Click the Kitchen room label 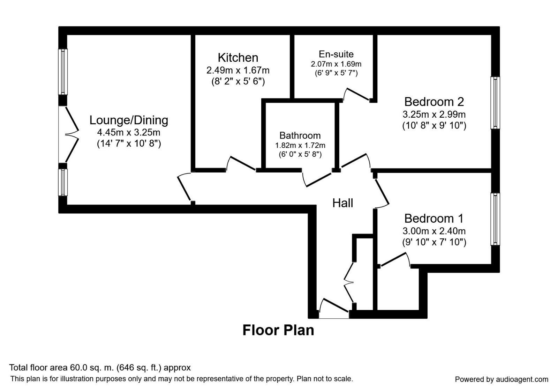238,58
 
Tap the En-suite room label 336,54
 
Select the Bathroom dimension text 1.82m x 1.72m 300,145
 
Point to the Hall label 342,203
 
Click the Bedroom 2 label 434,102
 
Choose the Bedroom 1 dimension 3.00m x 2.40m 434,231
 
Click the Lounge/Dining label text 129,120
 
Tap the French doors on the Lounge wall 70,134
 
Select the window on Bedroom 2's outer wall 495,103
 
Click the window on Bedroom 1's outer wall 495,219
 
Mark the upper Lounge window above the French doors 63,72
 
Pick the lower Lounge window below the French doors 63,182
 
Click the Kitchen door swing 241,164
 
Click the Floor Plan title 278,330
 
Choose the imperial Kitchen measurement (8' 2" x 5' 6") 238,82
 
